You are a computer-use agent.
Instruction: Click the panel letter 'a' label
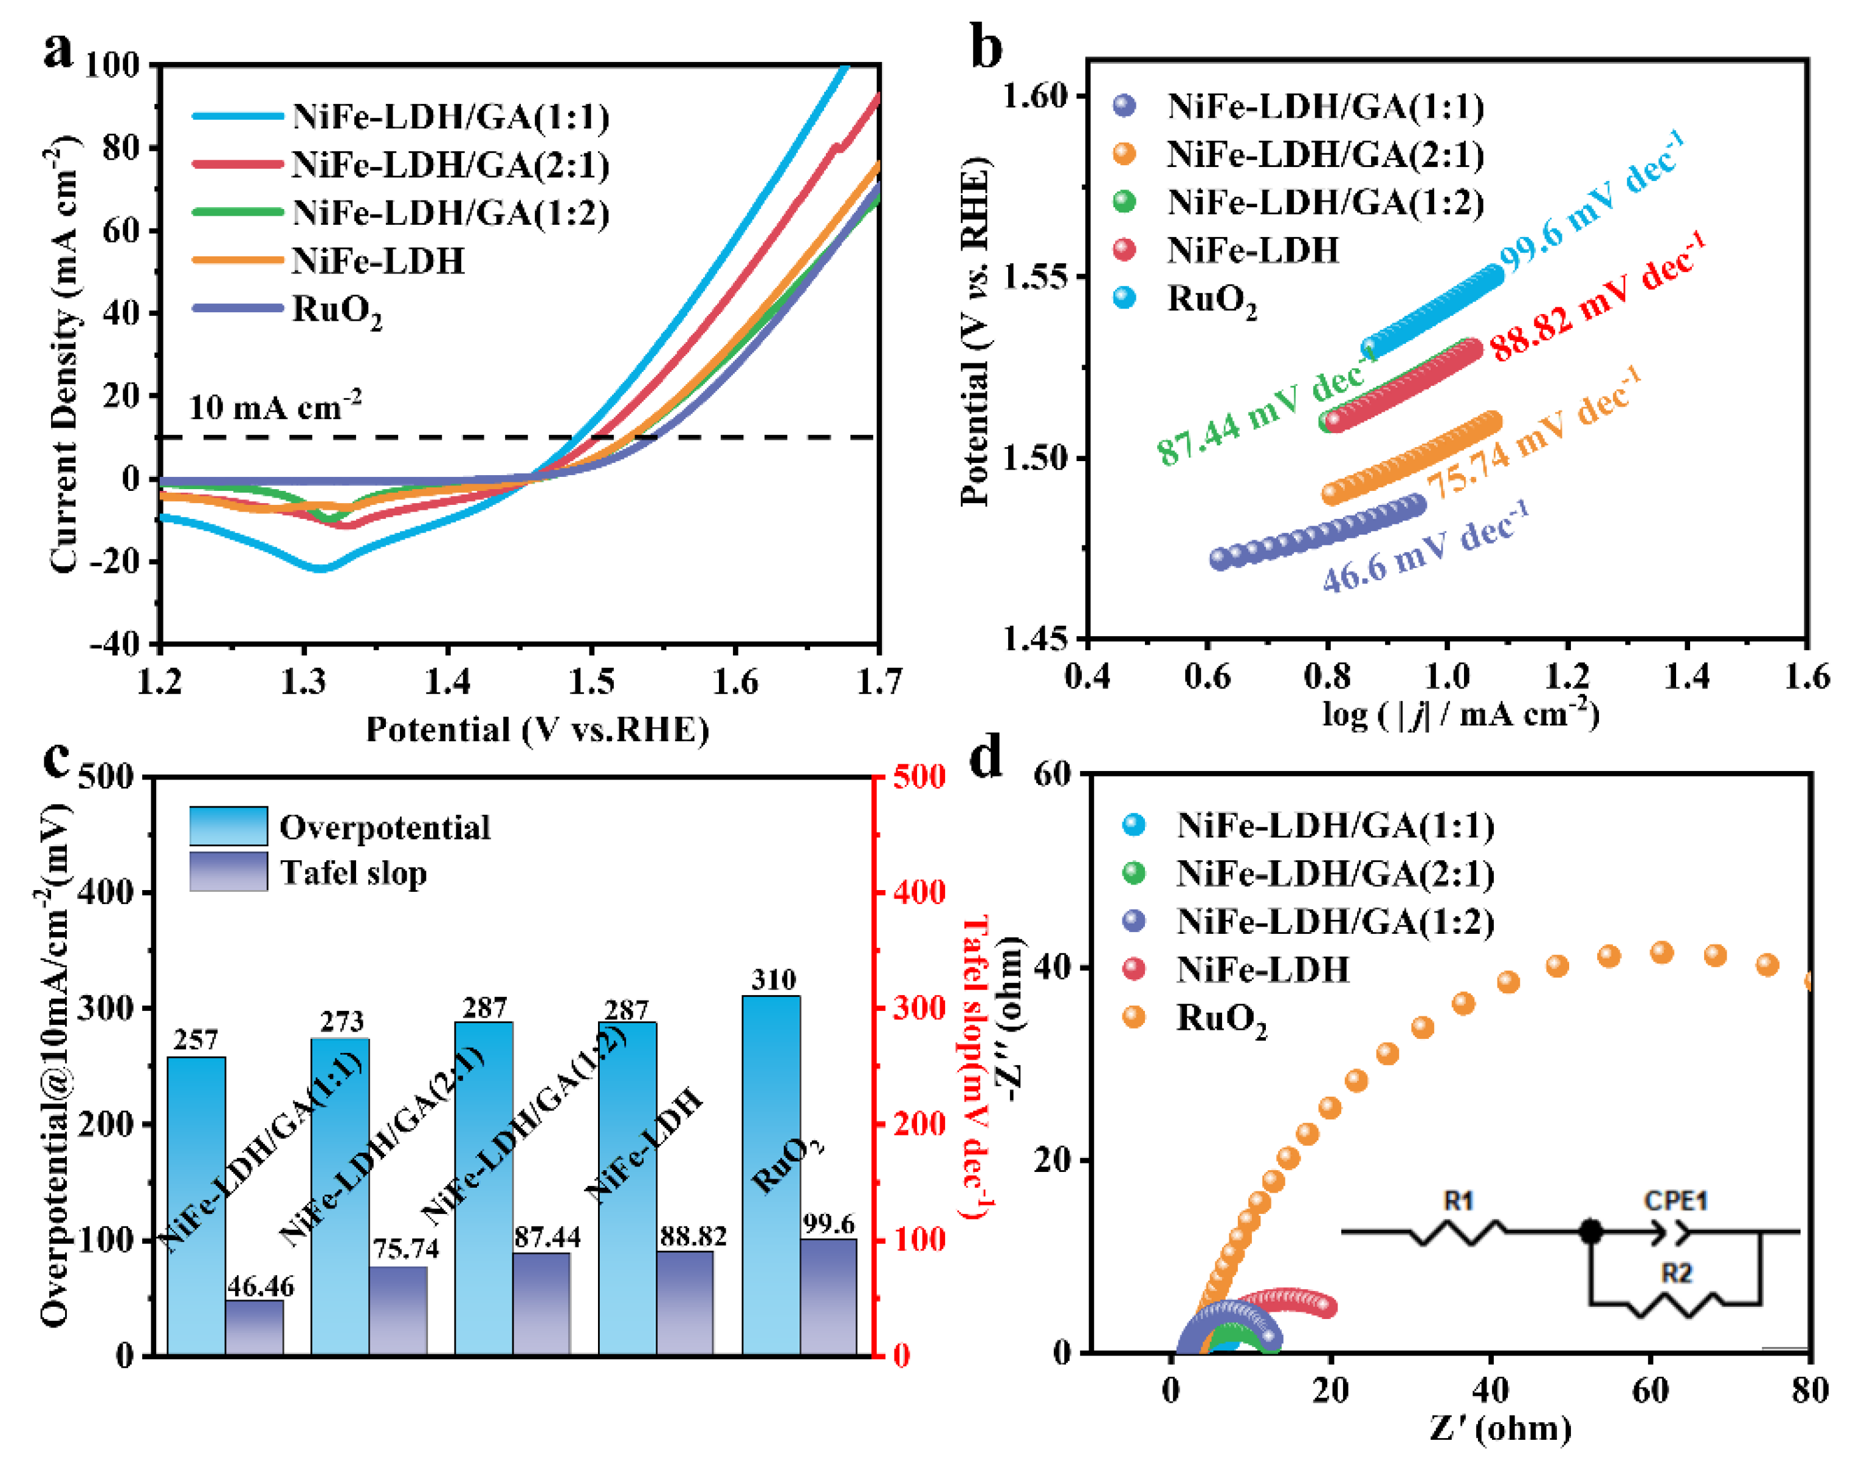click(58, 50)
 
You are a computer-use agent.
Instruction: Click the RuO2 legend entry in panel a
click(335, 310)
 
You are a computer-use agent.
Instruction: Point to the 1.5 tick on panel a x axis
click(591, 682)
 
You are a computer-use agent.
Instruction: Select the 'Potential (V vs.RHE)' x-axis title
click(537, 730)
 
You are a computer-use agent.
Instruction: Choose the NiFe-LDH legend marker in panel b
click(1124, 250)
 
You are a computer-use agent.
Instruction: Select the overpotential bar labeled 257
click(196, 1205)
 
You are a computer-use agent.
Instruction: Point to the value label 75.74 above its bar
click(405, 1249)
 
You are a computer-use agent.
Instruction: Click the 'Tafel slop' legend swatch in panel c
click(228, 872)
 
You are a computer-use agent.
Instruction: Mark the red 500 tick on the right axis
click(918, 777)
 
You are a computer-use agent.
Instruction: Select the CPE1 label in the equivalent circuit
click(1676, 1201)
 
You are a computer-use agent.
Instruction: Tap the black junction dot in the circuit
click(1591, 1232)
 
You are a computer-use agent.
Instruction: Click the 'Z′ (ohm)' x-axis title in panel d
click(1500, 1429)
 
